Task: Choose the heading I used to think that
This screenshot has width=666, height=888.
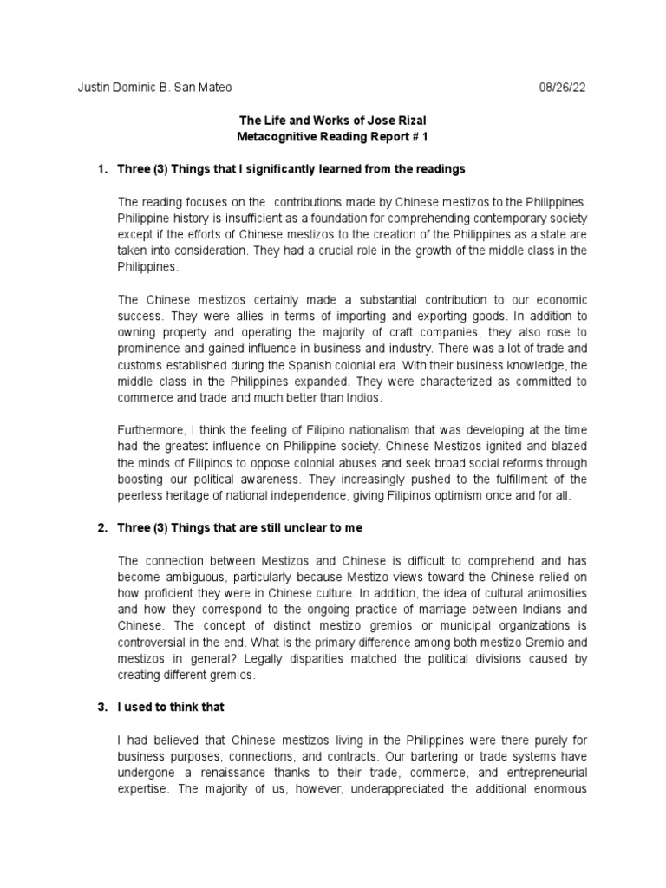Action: click(x=171, y=707)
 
